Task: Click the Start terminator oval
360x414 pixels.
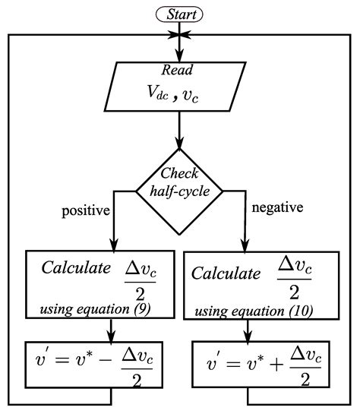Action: pyautogui.click(x=180, y=14)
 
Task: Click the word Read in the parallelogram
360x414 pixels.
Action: pyautogui.click(x=179, y=70)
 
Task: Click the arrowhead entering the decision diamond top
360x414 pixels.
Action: pyautogui.click(x=179, y=144)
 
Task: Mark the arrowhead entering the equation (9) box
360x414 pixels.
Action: pyautogui.click(x=112, y=246)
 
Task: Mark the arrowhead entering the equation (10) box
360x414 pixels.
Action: pyautogui.click(x=245, y=246)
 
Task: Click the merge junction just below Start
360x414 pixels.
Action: pyautogui.click(x=179, y=35)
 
